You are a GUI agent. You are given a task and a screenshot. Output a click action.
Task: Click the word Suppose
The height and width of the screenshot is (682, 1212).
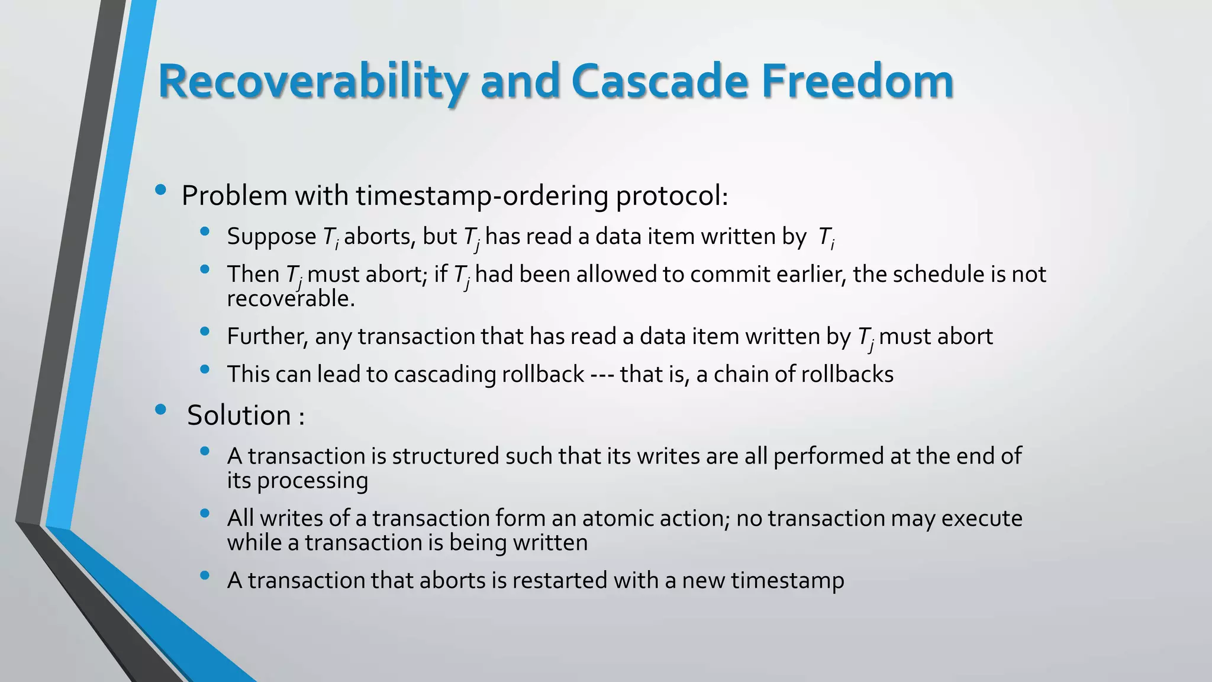click(271, 237)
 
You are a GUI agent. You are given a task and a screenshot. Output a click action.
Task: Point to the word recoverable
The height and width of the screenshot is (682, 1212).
click(290, 299)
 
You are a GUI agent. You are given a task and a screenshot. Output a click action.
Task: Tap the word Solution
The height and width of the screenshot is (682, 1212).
click(238, 415)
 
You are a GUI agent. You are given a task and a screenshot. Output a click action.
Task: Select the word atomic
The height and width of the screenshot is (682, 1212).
click(613, 518)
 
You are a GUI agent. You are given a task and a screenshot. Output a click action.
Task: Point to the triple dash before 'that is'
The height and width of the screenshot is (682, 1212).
click(602, 375)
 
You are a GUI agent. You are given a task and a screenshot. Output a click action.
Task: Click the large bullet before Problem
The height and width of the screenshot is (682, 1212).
click(160, 191)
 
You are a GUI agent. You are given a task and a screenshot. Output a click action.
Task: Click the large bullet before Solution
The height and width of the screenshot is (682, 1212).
click(160, 410)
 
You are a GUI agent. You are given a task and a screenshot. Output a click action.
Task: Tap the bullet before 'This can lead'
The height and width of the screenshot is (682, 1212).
click(205, 370)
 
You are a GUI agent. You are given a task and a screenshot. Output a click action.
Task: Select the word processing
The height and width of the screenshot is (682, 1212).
click(312, 480)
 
